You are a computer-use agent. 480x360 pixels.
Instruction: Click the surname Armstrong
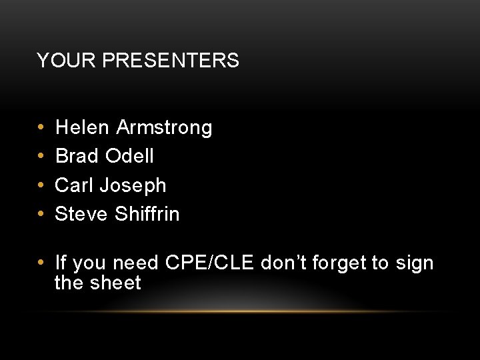(x=164, y=127)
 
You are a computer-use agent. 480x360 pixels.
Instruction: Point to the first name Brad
(x=77, y=156)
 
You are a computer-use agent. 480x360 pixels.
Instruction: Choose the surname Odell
(x=129, y=156)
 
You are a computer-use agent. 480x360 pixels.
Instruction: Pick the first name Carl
(x=74, y=185)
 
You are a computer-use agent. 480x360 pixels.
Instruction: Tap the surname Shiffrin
(x=147, y=213)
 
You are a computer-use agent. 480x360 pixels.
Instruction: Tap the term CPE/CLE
(x=209, y=263)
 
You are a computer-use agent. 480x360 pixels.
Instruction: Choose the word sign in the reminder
(x=415, y=264)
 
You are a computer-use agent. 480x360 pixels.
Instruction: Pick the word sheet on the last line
(x=115, y=283)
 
